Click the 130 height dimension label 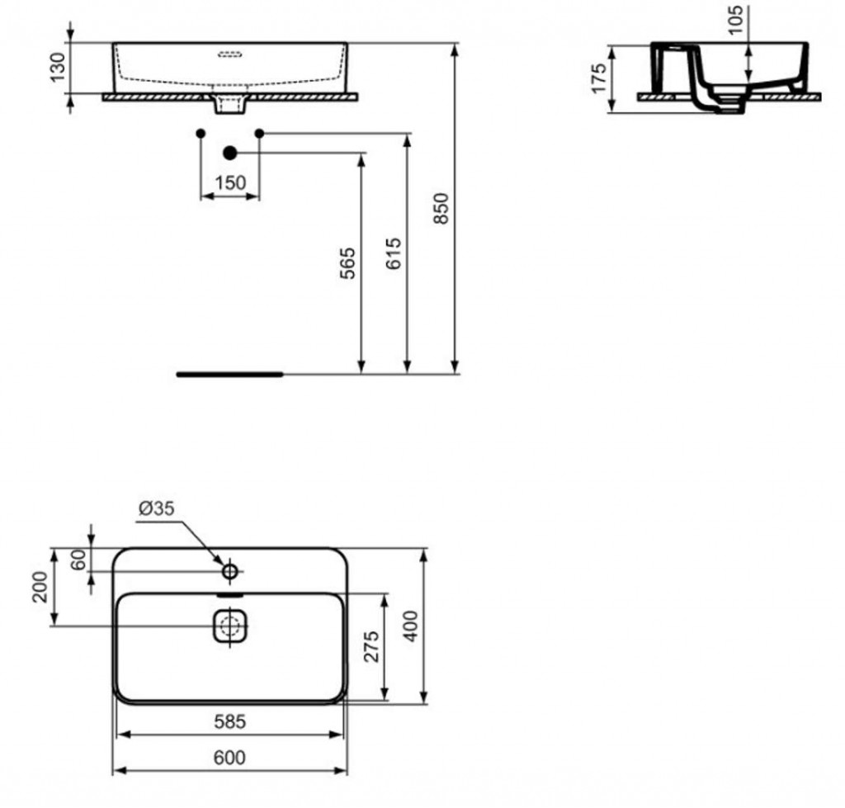57,68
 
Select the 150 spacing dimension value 230,183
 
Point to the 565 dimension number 348,262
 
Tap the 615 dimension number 394,254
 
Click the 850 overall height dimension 441,209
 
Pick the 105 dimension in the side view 736,21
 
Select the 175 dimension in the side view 599,78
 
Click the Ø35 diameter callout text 156,509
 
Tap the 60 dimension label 79,559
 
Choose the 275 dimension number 371,646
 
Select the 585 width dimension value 229,722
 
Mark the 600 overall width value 229,758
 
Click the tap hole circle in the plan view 230,570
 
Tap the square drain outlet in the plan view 231,626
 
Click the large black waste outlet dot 230,152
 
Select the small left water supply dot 201,133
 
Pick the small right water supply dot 259,133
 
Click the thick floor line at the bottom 229,374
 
